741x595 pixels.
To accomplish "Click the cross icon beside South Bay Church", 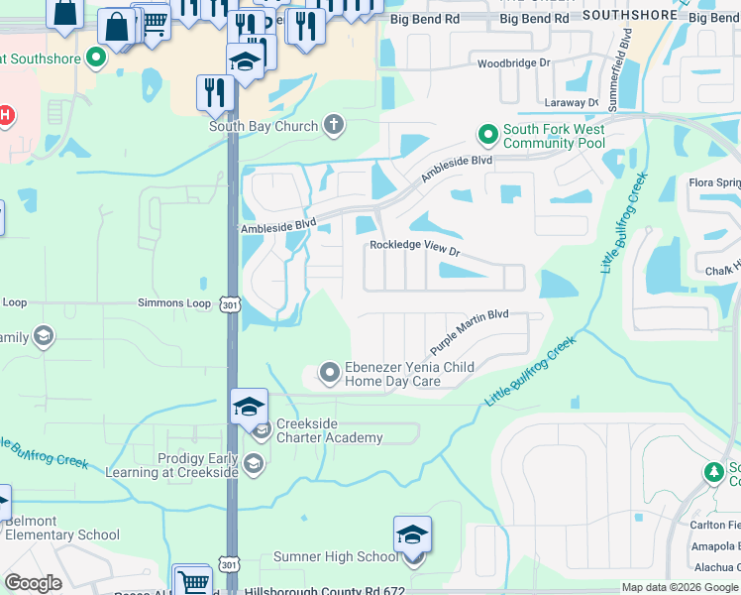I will [x=334, y=125].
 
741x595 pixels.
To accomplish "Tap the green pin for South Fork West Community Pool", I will [x=487, y=132].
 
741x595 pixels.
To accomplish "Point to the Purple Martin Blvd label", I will [x=469, y=331].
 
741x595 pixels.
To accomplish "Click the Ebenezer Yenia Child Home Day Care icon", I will [x=330, y=373].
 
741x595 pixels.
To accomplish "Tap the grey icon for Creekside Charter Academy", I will [x=262, y=429].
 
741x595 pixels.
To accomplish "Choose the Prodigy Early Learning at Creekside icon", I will [x=254, y=463].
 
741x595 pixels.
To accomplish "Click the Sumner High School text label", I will [x=336, y=557].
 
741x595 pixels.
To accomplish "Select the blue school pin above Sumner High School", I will [x=412, y=535].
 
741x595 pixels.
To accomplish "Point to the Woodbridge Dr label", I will [x=513, y=62].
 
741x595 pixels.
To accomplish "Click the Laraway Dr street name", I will [x=572, y=102].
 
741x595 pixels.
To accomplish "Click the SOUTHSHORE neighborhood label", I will [x=621, y=15].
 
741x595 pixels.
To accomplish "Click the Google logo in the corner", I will [x=33, y=583].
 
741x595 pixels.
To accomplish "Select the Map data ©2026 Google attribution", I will [x=679, y=587].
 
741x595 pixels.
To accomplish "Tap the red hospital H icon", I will [x=5, y=116].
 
